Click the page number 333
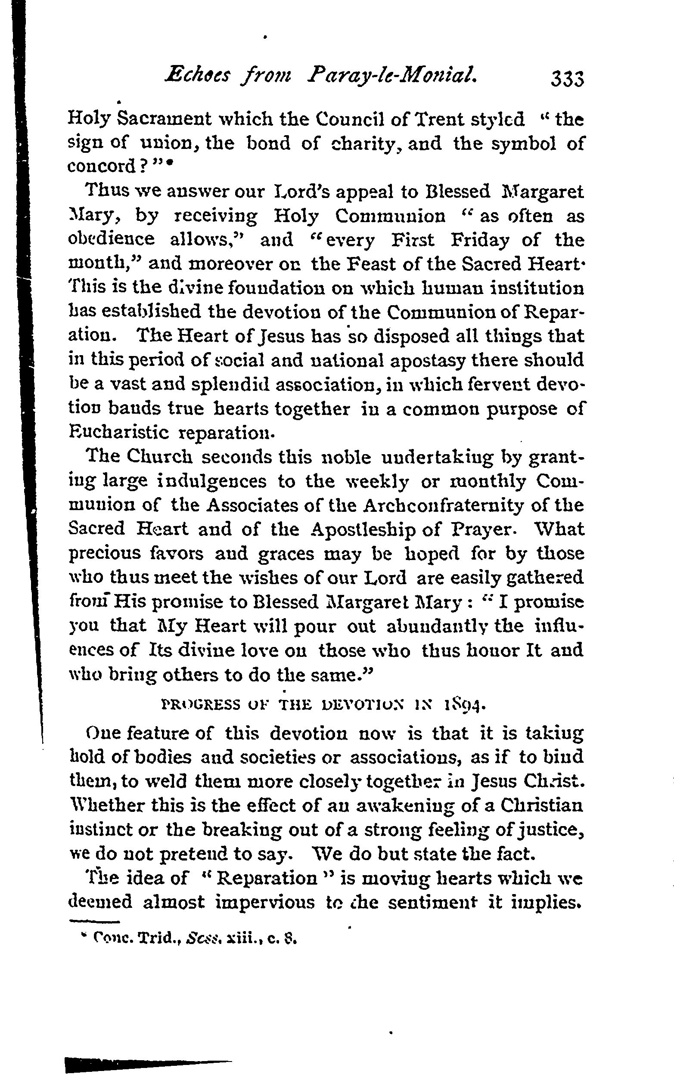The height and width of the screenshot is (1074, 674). [567, 79]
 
